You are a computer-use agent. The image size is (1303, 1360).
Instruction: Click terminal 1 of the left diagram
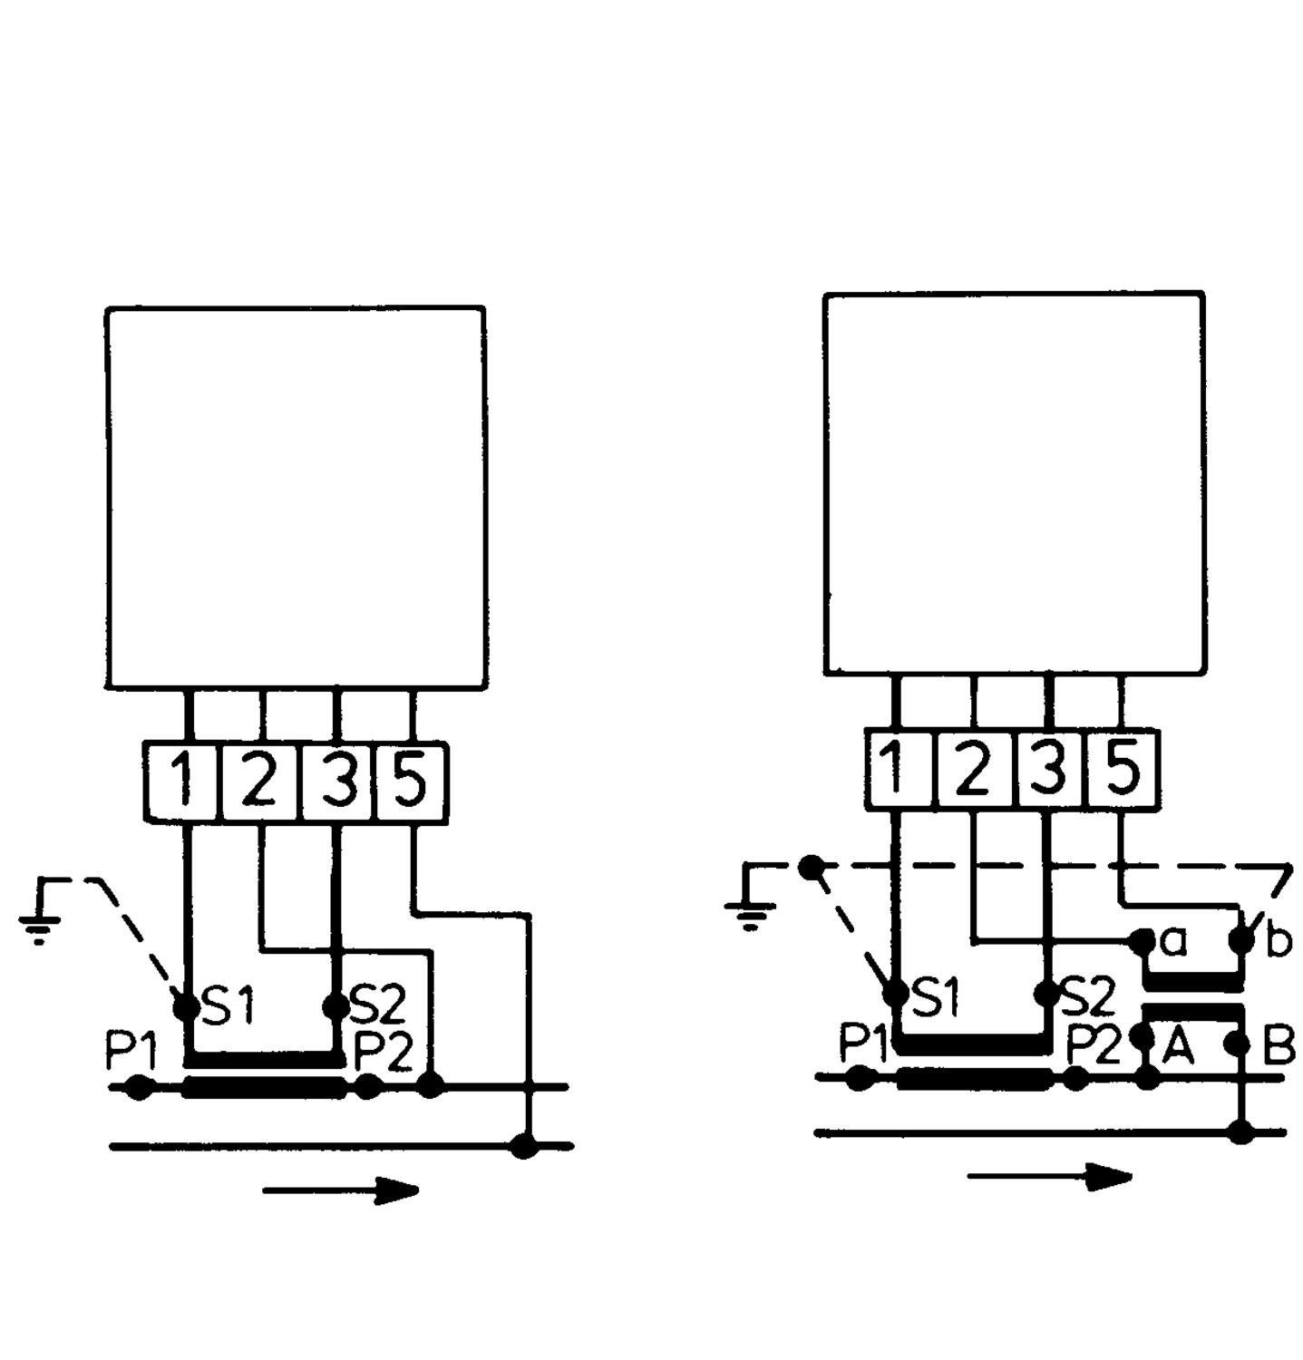[x=183, y=782]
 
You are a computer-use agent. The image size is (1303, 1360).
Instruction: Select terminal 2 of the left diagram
[x=260, y=782]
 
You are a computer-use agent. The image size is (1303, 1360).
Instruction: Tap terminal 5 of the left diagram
[x=412, y=782]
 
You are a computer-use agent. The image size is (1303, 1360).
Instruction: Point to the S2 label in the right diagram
[x=1086, y=996]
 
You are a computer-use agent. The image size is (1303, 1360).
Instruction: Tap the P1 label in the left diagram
[x=131, y=1052]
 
